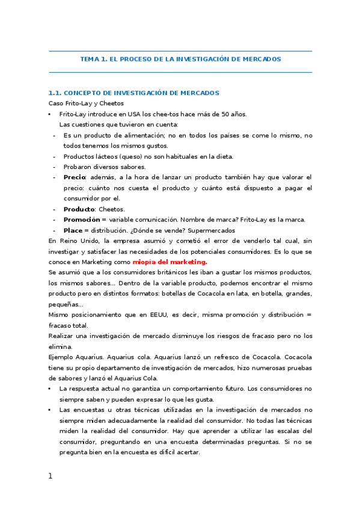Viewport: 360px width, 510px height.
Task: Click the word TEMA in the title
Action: point(90,60)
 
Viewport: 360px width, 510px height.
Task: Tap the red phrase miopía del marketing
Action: point(169,262)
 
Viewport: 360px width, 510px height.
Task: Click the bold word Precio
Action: point(75,177)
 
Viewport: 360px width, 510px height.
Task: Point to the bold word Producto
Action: point(79,209)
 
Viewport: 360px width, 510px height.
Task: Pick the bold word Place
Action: point(72,230)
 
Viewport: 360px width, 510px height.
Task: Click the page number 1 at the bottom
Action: point(50,476)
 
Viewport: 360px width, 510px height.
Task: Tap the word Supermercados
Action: point(210,230)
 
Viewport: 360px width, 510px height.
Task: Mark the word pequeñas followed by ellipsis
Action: point(63,304)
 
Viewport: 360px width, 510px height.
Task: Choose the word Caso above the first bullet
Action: point(55,103)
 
